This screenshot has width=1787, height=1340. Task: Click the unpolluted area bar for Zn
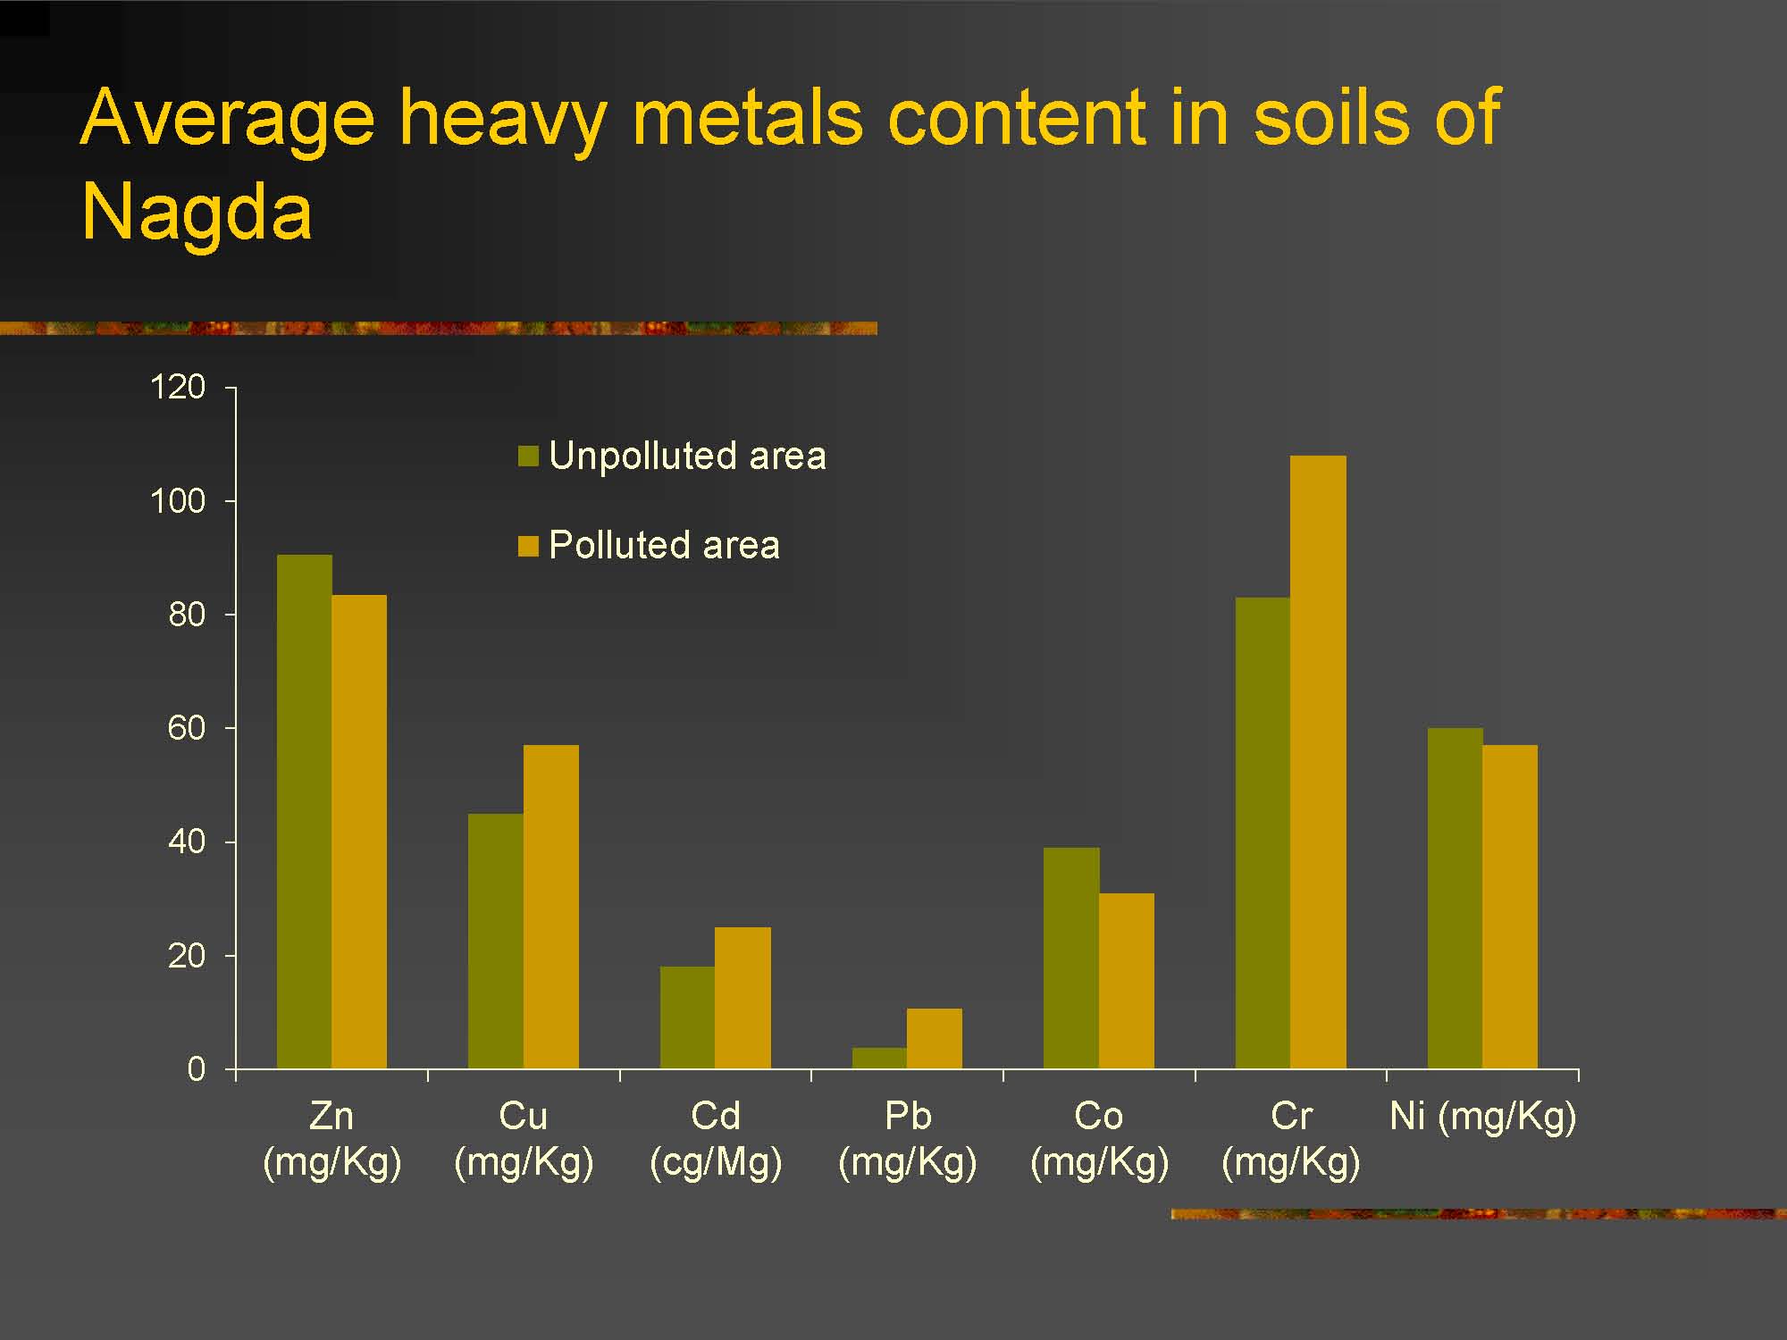pyautogui.click(x=304, y=811)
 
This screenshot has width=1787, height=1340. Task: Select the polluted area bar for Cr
pyautogui.click(x=1318, y=762)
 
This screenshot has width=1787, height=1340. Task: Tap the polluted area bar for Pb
pyautogui.click(x=935, y=1038)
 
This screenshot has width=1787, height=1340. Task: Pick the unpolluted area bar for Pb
pyautogui.click(x=879, y=1058)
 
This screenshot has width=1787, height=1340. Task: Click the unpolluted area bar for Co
pyautogui.click(x=1071, y=958)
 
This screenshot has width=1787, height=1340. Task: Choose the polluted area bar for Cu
pyautogui.click(x=551, y=907)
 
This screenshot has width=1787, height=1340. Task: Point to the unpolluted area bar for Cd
pyautogui.click(x=688, y=1018)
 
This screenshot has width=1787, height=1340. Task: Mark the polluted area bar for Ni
pyautogui.click(x=1510, y=907)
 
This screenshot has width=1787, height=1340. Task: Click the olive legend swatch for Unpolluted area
pyautogui.click(x=528, y=456)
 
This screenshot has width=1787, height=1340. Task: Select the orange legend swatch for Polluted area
pyautogui.click(x=528, y=546)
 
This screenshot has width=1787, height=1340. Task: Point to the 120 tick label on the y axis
pyautogui.click(x=178, y=388)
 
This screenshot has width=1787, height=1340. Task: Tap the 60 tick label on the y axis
pyautogui.click(x=187, y=729)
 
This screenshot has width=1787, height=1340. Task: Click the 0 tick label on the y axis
pyautogui.click(x=197, y=1069)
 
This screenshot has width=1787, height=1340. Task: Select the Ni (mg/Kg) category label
pyautogui.click(x=1483, y=1118)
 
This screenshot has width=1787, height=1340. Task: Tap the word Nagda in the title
pyautogui.click(x=197, y=214)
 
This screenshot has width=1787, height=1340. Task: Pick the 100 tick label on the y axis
pyautogui.click(x=178, y=501)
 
